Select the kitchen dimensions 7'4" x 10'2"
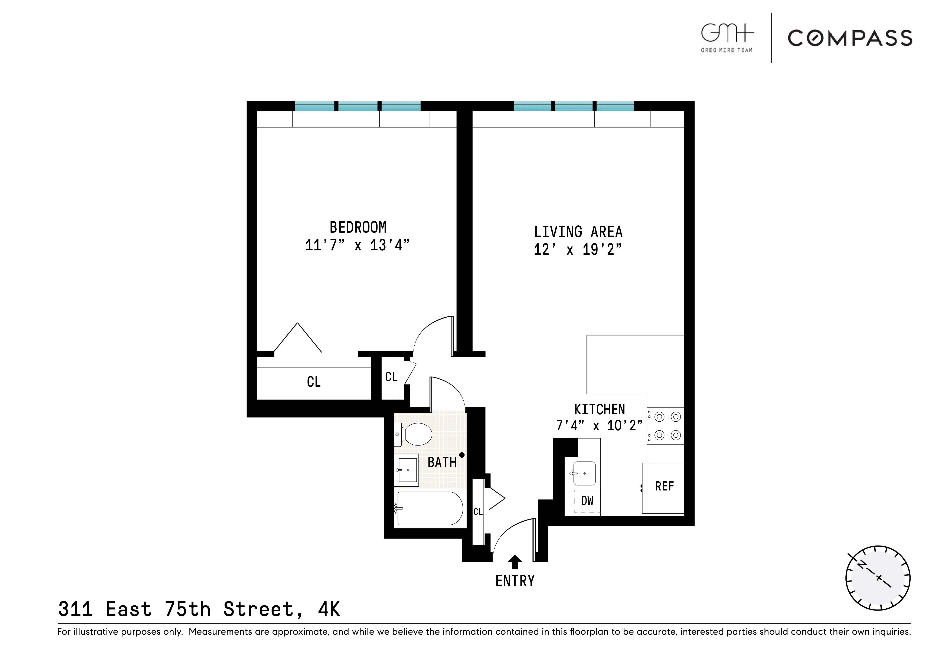(599, 426)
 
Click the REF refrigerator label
(664, 486)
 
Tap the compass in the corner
(877, 578)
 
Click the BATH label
(442, 462)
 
